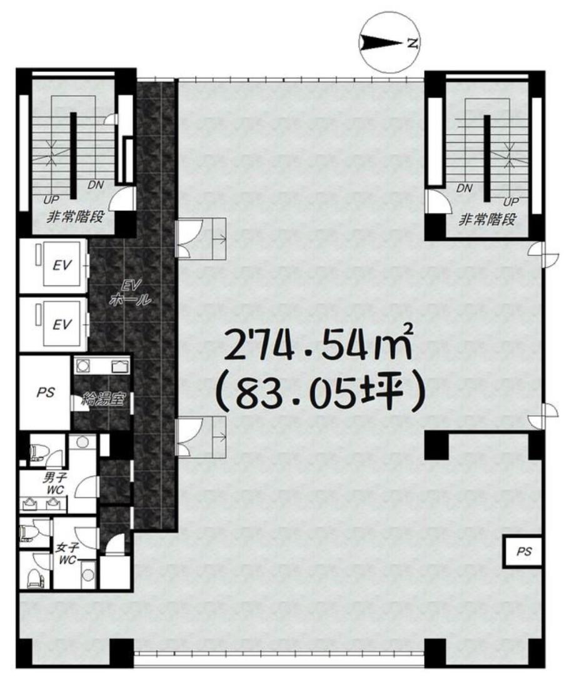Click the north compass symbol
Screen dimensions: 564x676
pyautogui.click(x=389, y=43)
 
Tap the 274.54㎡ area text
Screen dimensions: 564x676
pyautogui.click(x=319, y=349)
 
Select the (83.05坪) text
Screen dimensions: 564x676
pyautogui.click(x=321, y=394)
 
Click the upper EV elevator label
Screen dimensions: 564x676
pyautogui.click(x=62, y=265)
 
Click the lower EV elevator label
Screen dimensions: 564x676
pyautogui.click(x=62, y=324)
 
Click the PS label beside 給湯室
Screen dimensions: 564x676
pyautogui.click(x=45, y=392)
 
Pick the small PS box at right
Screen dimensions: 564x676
pyautogui.click(x=524, y=551)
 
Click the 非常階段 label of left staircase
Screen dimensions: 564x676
pyautogui.click(x=75, y=217)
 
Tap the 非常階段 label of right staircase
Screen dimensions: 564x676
pyautogui.click(x=487, y=220)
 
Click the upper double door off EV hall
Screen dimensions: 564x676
pyautogui.click(x=189, y=238)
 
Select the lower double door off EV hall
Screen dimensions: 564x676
pyautogui.click(x=189, y=437)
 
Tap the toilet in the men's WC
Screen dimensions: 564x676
pyautogui.click(x=35, y=451)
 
